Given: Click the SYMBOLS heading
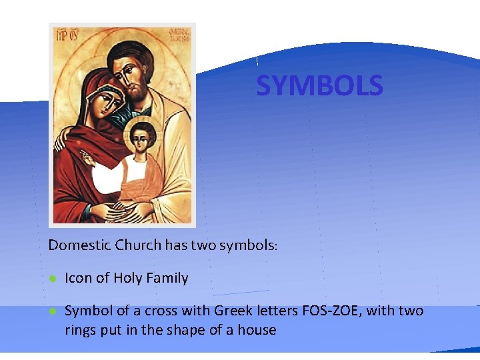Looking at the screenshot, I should click(319, 86).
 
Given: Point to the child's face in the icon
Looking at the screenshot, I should click(141, 139).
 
